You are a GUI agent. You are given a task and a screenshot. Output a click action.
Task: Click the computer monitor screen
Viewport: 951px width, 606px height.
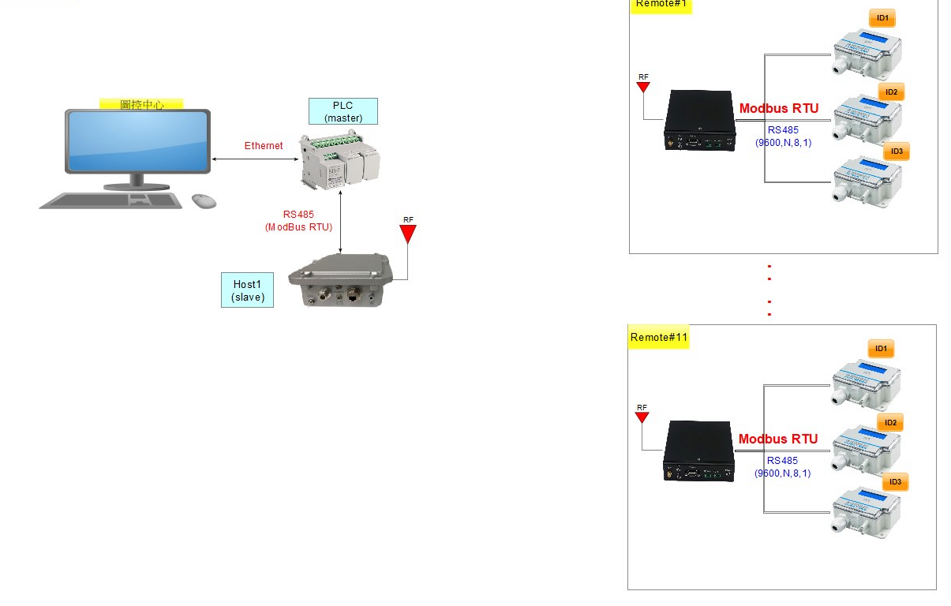(138, 141)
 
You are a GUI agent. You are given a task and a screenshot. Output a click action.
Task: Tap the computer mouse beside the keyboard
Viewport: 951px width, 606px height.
(204, 201)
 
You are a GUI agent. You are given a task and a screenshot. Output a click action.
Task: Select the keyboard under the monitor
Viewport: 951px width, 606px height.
(111, 200)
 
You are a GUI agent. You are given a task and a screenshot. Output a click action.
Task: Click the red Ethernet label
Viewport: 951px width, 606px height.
(264, 146)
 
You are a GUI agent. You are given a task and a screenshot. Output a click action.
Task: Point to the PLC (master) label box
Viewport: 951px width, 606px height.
(343, 111)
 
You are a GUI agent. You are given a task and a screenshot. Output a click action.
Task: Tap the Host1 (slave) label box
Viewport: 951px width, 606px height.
(248, 290)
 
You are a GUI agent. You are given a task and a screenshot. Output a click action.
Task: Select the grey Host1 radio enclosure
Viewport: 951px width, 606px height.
(340, 279)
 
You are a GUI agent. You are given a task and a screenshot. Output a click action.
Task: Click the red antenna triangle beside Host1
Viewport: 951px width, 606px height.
(407, 234)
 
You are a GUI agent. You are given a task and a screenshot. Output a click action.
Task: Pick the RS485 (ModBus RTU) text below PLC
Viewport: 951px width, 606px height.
(298, 221)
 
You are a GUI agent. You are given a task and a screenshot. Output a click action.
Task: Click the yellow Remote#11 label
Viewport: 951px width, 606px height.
(659, 338)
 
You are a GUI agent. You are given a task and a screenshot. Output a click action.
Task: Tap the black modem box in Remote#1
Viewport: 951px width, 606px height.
(699, 120)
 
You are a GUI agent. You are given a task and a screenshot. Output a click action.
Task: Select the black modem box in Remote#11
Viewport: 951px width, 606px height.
(698, 451)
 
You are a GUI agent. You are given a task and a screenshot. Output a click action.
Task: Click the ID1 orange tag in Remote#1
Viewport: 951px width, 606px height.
(882, 18)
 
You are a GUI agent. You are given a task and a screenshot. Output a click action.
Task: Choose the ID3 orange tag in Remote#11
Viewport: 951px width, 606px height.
(895, 482)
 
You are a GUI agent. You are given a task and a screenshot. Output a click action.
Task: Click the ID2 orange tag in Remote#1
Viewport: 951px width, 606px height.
(891, 92)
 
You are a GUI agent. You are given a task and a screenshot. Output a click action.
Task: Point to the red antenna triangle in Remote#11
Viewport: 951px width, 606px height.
(642, 417)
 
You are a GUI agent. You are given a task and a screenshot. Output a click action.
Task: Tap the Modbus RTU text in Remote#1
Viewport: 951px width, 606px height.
(779, 109)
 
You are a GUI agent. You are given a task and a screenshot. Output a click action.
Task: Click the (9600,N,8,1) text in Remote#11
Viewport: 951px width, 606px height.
(782, 473)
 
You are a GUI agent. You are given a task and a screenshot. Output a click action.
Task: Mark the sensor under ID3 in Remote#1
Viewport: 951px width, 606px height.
(867, 181)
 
